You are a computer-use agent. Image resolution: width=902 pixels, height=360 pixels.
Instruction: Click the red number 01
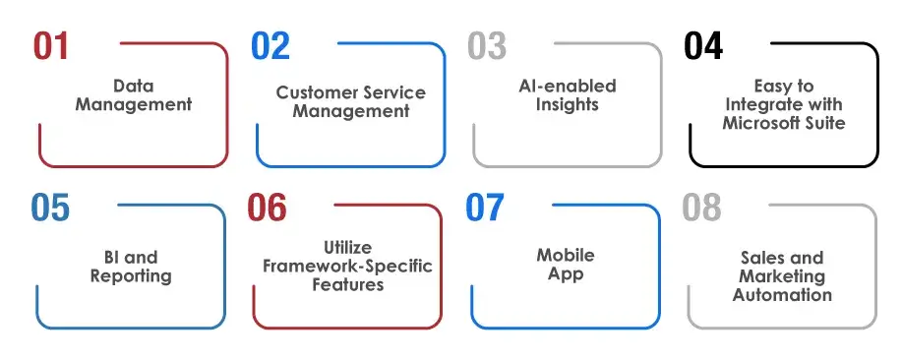point(50,46)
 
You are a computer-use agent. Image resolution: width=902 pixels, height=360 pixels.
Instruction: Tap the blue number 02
point(271,46)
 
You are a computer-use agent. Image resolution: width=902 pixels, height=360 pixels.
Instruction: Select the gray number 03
point(487,46)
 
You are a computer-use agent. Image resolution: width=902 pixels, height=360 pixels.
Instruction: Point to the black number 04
point(703,46)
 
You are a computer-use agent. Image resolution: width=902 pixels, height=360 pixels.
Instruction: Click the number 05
point(50,208)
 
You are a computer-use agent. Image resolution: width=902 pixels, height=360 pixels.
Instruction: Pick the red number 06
point(267,208)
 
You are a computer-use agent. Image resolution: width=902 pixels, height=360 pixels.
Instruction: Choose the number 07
point(484,208)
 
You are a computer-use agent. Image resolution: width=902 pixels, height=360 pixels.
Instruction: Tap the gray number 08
point(701,208)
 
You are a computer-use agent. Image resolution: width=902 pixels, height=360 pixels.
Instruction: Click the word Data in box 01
point(134,87)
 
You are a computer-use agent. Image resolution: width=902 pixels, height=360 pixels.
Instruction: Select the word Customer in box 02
point(311,92)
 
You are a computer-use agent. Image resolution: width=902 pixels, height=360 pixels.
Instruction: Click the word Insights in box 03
point(568,104)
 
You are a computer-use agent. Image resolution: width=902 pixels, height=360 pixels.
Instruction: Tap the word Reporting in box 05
point(131,276)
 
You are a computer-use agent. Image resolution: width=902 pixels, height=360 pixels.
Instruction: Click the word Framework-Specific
point(348,267)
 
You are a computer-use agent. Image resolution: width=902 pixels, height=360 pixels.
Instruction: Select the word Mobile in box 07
point(566,255)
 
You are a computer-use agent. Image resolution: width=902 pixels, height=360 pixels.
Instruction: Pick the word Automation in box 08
point(782,295)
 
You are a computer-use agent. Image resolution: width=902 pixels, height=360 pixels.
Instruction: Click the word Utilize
point(347,248)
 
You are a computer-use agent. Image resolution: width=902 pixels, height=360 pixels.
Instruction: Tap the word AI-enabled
point(568,87)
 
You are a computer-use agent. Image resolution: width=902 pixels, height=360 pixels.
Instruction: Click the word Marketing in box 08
point(782,276)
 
